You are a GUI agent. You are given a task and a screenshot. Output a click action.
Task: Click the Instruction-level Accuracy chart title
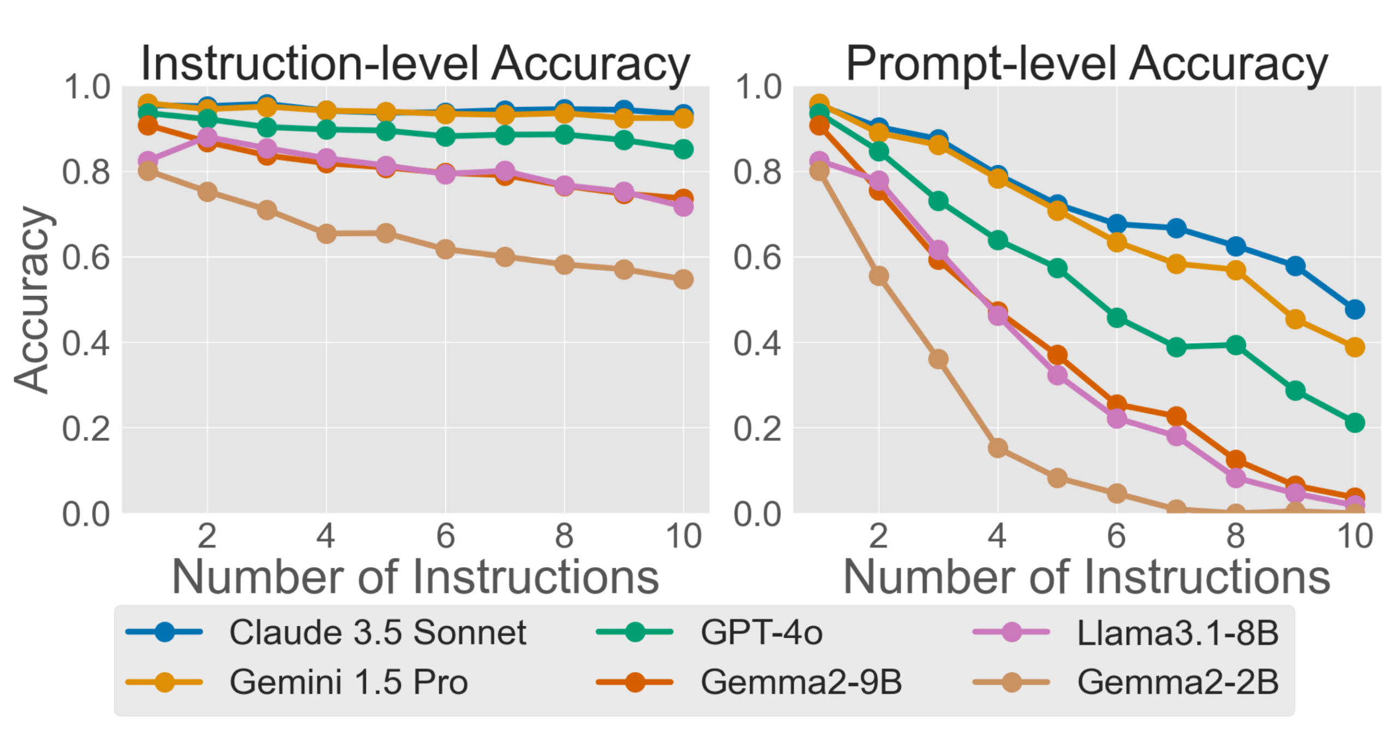tap(415, 64)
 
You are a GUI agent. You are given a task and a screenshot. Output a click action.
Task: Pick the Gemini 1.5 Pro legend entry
tap(348, 682)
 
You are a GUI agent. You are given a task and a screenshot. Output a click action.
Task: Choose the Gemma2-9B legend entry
tap(801, 682)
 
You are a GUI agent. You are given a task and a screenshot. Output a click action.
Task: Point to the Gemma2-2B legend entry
tap(1177, 682)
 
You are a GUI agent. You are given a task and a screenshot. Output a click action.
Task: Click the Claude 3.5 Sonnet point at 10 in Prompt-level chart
tap(1354, 309)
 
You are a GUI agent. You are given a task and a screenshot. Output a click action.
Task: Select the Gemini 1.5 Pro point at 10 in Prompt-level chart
tap(1354, 347)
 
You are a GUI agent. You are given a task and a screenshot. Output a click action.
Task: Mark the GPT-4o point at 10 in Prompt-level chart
tap(1354, 422)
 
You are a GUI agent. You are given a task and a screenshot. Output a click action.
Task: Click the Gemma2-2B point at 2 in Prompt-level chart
tap(878, 276)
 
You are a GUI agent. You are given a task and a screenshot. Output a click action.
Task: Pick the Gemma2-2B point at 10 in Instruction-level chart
tap(683, 279)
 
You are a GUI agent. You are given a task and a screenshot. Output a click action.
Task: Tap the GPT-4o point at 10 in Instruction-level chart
tap(683, 149)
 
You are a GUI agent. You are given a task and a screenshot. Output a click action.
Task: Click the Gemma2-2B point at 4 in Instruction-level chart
tap(326, 234)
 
